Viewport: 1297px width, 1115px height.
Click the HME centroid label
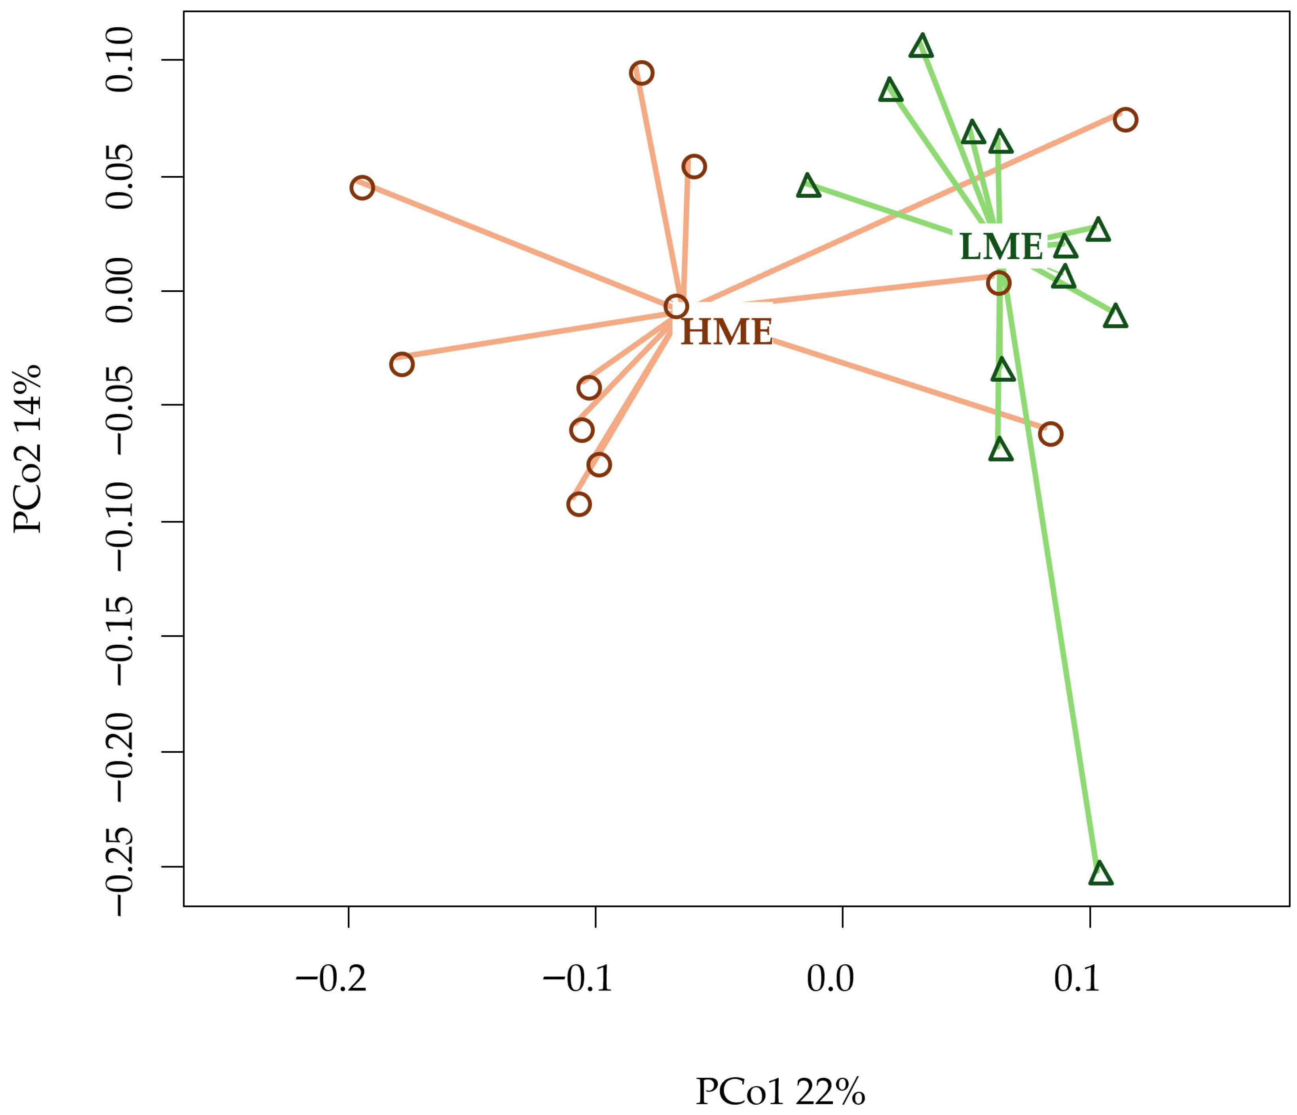pos(727,331)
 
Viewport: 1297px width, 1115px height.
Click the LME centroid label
pos(1001,246)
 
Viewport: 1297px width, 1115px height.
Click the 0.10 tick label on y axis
pos(120,60)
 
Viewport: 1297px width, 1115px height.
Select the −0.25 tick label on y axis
pos(120,867)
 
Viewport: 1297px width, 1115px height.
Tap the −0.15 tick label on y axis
pos(120,636)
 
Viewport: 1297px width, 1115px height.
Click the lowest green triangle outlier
pos(1100,873)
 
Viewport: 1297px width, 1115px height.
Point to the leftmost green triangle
pos(808,186)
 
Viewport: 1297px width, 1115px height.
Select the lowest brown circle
pos(579,504)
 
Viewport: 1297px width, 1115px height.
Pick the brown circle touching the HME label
pos(677,307)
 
